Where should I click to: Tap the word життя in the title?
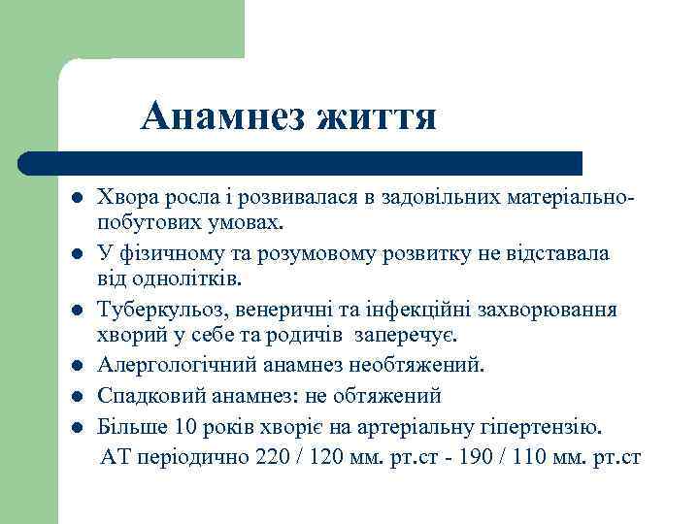[x=377, y=118]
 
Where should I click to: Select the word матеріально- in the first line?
[x=573, y=197]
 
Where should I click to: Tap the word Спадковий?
[x=142, y=396]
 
